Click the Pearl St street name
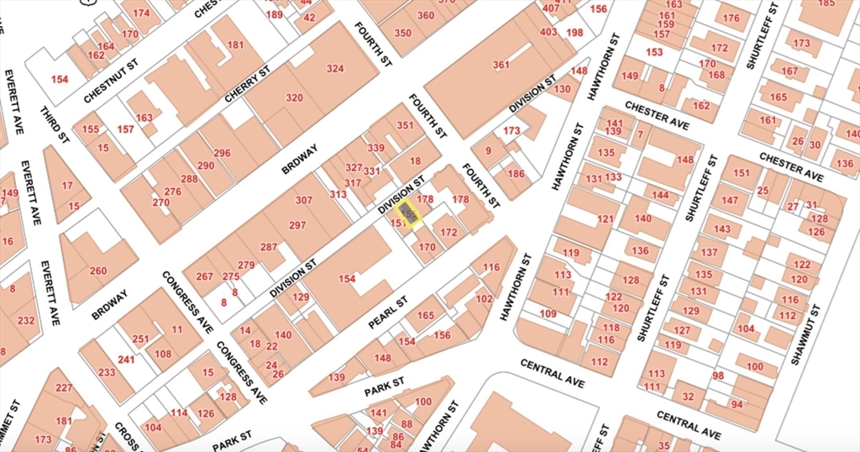[387, 312]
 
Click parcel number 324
[335, 68]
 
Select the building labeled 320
[294, 97]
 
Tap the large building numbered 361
[501, 65]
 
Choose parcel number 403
[548, 32]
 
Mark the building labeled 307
[303, 200]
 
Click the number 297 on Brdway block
[297, 225]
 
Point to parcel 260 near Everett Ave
[98, 271]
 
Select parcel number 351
[406, 126]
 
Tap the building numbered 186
[516, 173]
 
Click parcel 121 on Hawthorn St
[606, 219]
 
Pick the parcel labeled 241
[126, 360]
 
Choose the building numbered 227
[64, 387]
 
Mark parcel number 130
[563, 88]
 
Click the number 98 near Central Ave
[718, 376]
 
